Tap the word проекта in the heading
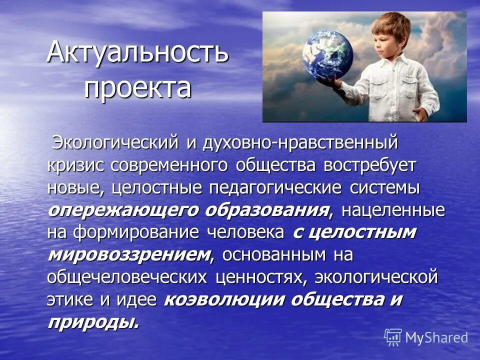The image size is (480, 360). click(137, 87)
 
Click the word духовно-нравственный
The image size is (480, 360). click(300, 142)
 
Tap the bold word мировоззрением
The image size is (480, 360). click(129, 254)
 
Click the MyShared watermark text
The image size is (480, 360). click(436, 337)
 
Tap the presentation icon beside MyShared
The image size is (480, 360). click(393, 337)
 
